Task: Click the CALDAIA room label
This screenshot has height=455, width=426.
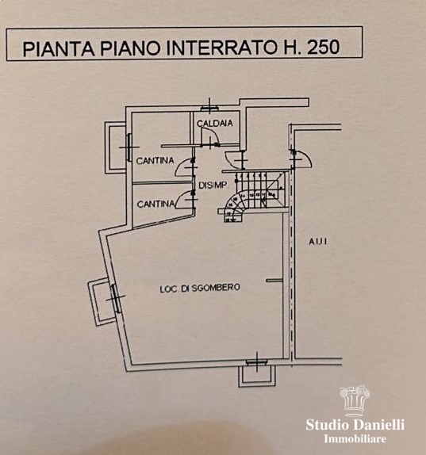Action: click(x=215, y=124)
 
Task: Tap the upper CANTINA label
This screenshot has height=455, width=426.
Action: click(x=155, y=160)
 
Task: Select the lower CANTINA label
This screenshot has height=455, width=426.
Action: click(x=156, y=205)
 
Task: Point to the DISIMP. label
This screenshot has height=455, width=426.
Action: click(x=213, y=185)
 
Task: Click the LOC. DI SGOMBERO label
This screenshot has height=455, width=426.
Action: click(x=200, y=288)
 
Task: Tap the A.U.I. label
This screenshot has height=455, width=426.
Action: click(x=317, y=241)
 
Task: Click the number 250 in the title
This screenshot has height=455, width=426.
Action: click(x=323, y=47)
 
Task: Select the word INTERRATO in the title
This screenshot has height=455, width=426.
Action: click(x=221, y=48)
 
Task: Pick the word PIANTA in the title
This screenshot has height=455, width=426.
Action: click(x=59, y=49)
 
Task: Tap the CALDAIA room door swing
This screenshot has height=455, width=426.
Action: click(x=210, y=136)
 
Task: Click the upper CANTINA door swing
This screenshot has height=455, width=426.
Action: click(x=185, y=167)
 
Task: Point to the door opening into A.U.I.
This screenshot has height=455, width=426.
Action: click(x=302, y=159)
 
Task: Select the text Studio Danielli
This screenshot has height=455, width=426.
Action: click(x=355, y=425)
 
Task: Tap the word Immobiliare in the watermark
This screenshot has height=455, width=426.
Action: click(x=355, y=438)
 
